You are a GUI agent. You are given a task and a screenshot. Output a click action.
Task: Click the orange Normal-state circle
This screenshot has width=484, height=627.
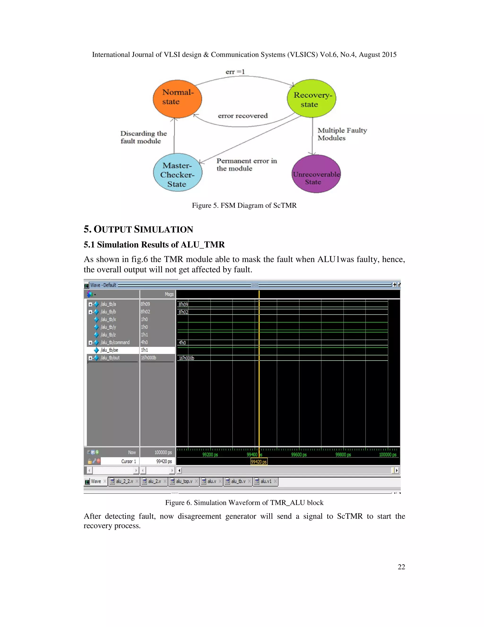coord(177,99)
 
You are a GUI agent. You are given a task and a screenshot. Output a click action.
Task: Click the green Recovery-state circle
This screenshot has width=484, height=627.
coord(311,98)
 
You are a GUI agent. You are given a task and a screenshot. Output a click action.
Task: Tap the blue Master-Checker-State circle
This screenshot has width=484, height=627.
coord(177,172)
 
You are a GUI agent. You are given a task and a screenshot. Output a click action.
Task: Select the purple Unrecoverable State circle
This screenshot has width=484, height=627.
coord(316,174)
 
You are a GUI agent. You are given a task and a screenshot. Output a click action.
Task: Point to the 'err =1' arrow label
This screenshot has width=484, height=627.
coord(235,72)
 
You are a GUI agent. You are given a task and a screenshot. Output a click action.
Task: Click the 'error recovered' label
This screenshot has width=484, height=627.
coord(242,116)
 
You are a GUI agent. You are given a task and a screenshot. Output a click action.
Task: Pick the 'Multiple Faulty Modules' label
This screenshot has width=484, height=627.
coord(342,134)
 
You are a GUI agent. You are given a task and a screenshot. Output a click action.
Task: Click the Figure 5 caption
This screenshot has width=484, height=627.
coord(244,206)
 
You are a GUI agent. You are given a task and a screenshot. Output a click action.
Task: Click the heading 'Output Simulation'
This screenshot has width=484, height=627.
coord(138,229)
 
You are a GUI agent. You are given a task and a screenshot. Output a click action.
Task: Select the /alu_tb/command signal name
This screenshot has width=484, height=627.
coord(115,343)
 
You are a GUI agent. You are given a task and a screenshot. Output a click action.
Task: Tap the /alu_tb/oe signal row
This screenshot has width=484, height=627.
coord(109,350)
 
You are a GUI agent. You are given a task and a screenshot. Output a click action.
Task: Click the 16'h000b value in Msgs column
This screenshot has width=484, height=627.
coord(148,358)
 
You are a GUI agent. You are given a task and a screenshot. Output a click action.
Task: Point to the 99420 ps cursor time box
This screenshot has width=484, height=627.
coord(259,462)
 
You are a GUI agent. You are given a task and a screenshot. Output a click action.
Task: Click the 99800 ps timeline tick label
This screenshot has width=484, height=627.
coord(343,455)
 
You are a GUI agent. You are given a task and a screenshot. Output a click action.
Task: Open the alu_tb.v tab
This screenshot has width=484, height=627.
coord(238,481)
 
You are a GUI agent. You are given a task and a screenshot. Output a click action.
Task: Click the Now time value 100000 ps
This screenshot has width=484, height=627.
coord(163,452)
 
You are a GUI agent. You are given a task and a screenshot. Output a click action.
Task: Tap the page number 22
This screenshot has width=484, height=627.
coord(401,567)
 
